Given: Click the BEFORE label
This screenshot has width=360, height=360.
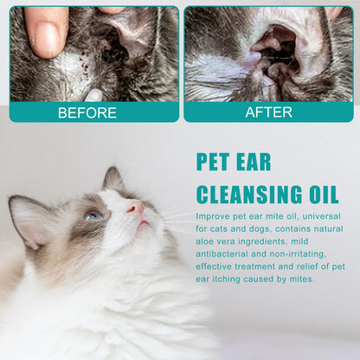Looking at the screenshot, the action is [87, 112].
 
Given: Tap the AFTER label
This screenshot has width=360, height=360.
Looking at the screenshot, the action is [268, 112].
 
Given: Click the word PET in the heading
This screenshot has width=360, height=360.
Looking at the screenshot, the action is [213, 162].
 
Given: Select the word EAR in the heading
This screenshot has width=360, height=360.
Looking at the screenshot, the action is [254, 162].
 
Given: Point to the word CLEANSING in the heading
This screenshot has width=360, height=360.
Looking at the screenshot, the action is [247, 195].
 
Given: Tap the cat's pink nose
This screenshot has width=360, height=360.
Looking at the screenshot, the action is [136, 208].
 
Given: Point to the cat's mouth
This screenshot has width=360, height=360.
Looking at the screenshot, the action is [144, 223].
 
